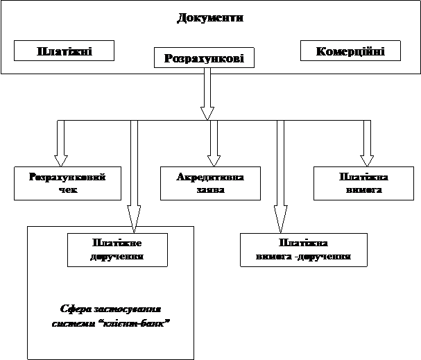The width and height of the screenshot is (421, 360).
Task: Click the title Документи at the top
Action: (210, 17)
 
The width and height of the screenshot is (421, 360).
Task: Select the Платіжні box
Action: (64, 51)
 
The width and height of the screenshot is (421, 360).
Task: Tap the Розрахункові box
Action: (204, 58)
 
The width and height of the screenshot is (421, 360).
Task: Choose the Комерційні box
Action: (350, 51)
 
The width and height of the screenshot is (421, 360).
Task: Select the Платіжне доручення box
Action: (117, 249)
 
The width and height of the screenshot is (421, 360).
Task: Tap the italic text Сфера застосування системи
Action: (111, 310)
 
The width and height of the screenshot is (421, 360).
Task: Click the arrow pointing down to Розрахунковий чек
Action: (60, 142)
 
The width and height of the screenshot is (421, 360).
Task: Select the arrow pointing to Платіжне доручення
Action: (135, 173)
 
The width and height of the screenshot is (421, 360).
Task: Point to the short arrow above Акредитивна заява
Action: (214, 142)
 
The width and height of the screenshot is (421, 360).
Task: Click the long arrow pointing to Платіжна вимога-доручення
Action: (280, 173)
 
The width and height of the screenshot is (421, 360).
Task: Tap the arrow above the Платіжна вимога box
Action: (366, 142)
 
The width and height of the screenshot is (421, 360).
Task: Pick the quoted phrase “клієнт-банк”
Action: (144, 323)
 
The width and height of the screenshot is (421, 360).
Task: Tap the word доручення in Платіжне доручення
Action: (117, 256)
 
